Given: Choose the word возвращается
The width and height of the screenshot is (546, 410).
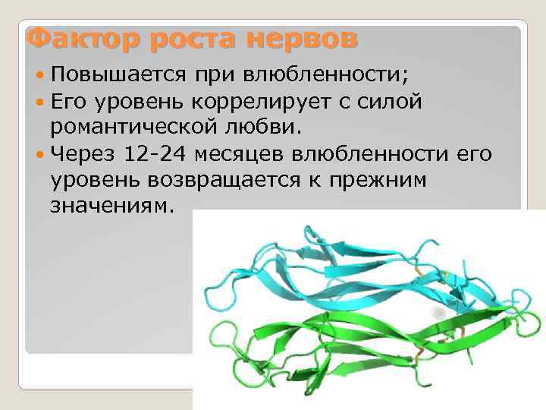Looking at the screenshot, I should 234,181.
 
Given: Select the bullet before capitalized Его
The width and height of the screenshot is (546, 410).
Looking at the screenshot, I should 39,102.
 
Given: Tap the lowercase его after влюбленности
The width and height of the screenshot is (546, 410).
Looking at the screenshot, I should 473,155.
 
